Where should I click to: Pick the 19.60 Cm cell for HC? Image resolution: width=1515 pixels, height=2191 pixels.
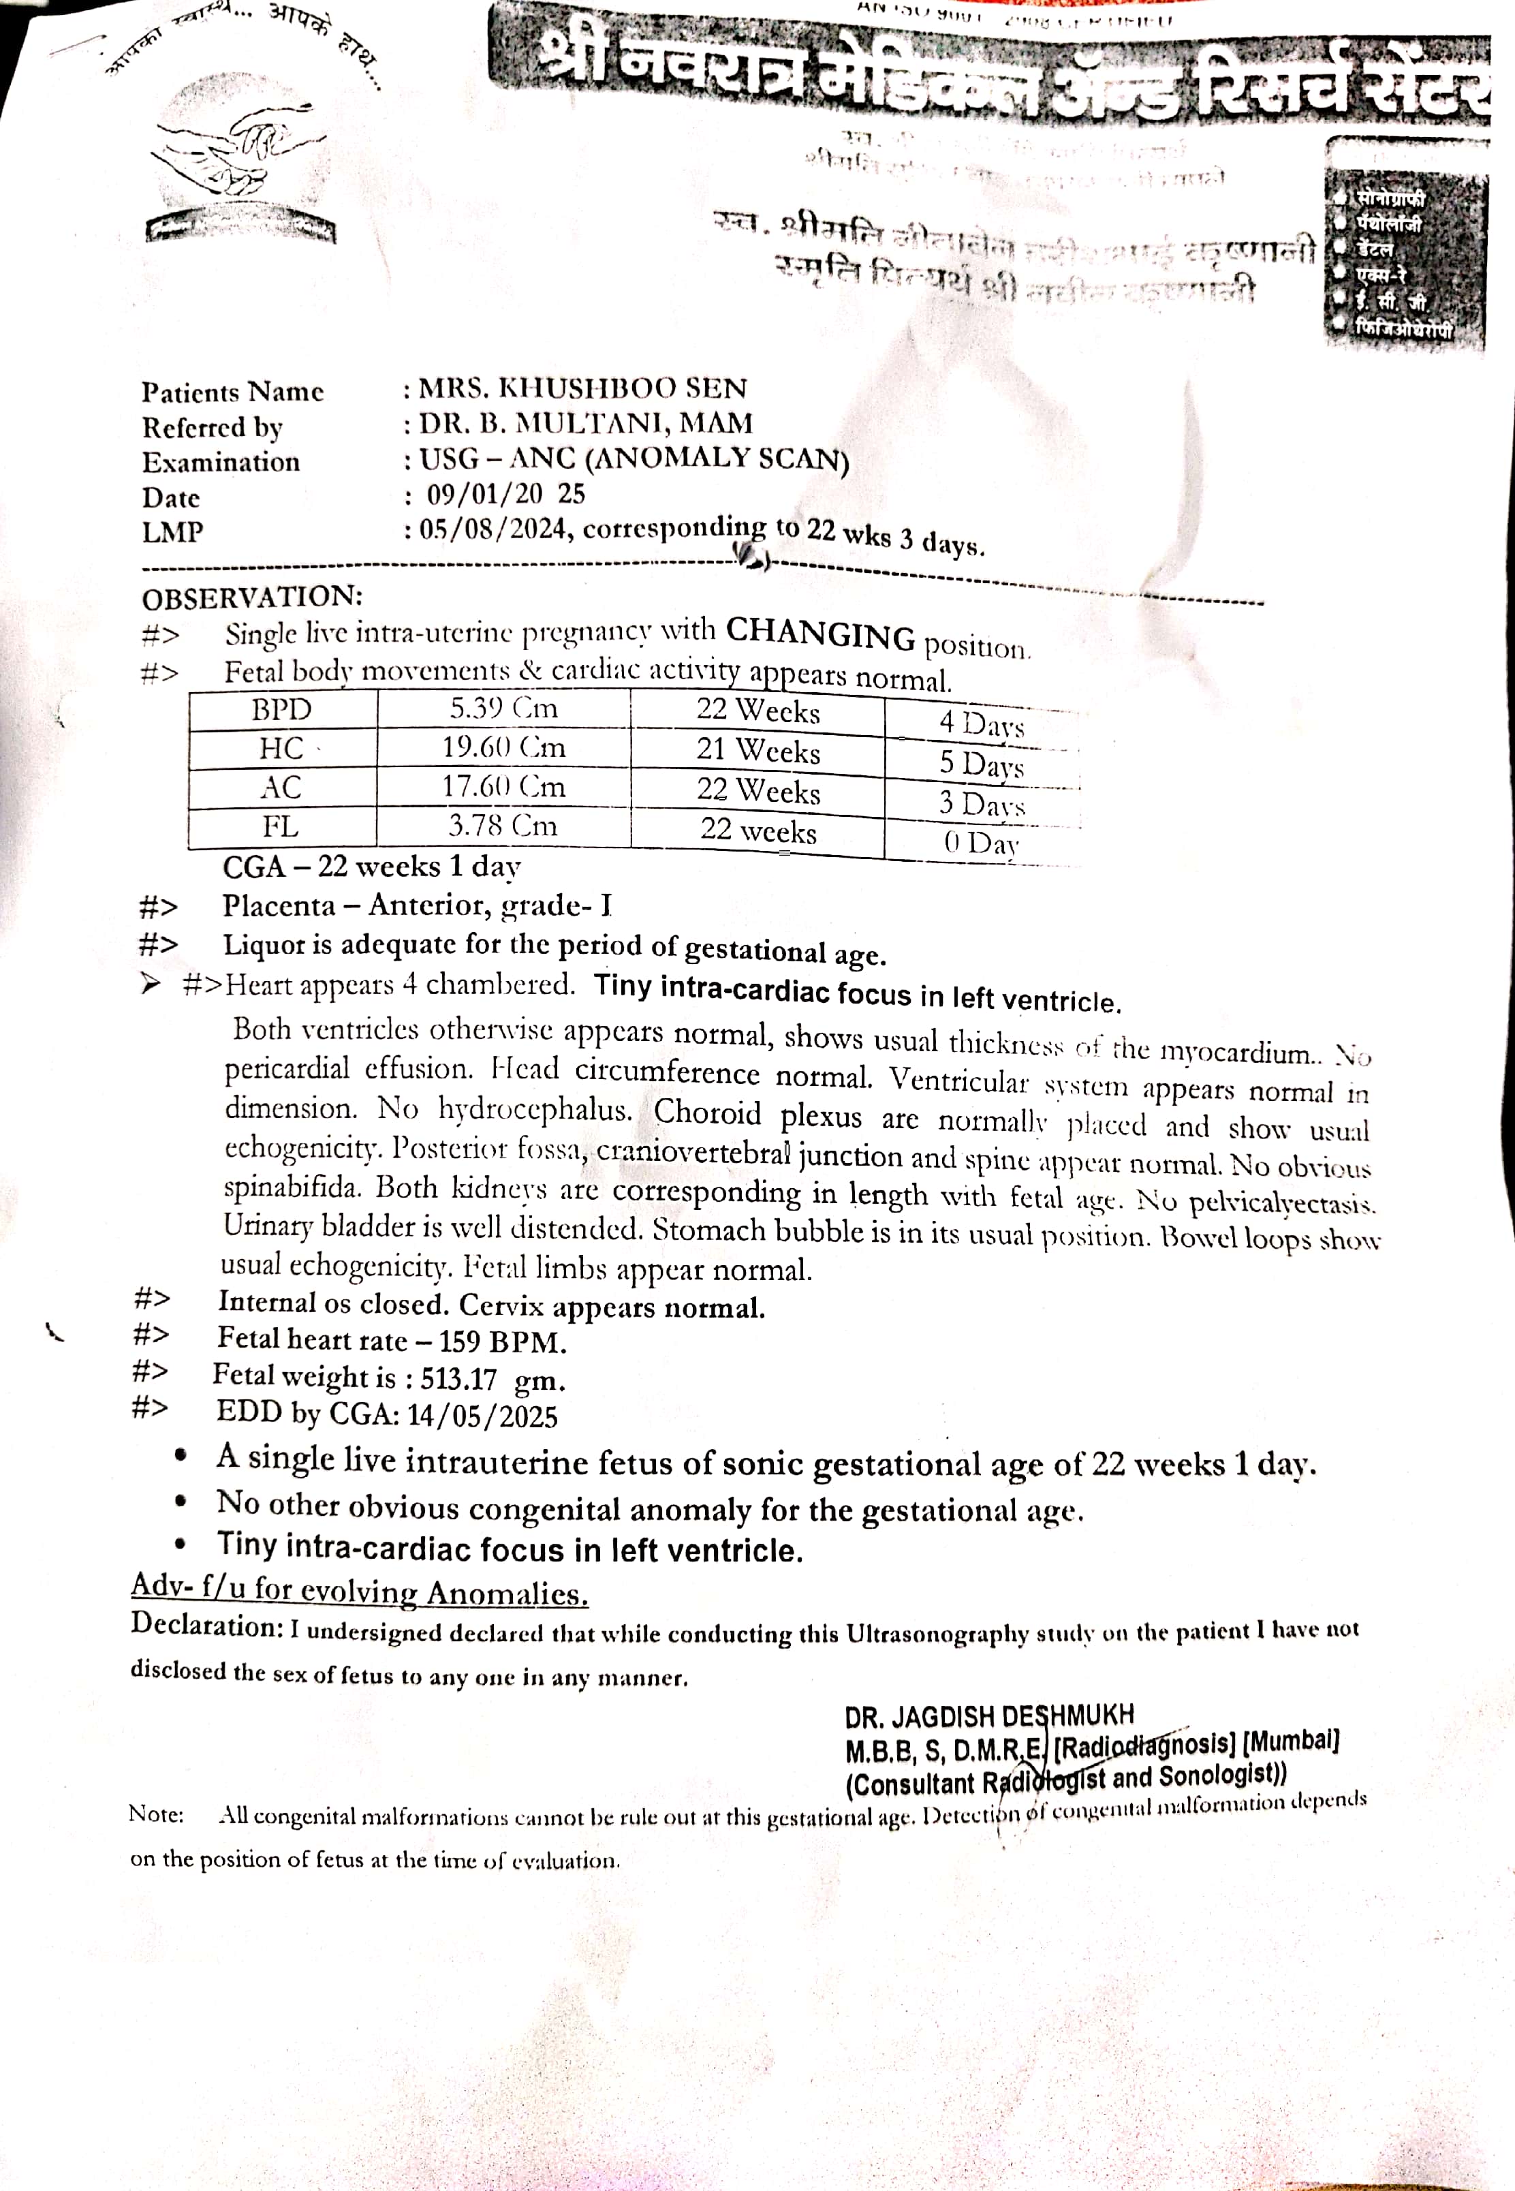[503, 747]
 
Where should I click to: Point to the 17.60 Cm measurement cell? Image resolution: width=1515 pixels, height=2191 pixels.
[503, 786]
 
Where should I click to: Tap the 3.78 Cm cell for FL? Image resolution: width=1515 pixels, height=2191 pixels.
[503, 825]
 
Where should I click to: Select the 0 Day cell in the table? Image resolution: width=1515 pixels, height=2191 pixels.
[980, 842]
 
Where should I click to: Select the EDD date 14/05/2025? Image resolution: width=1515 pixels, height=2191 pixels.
[482, 1416]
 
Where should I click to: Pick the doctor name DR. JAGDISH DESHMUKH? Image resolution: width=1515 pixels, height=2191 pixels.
[989, 1715]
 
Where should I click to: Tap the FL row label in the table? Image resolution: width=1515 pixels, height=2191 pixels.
[280, 826]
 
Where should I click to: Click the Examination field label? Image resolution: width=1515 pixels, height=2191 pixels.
[221, 463]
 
